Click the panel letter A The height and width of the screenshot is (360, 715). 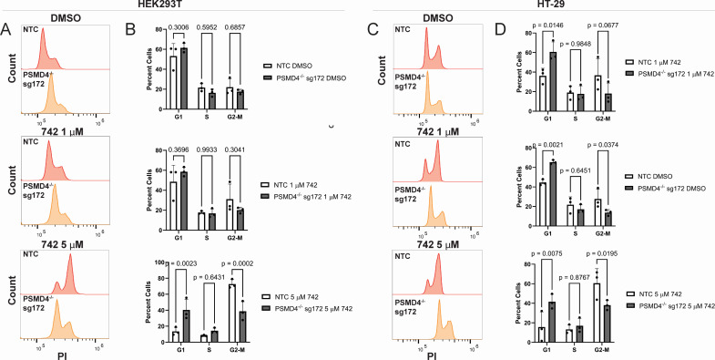[6, 30]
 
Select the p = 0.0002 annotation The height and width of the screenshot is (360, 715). [236, 262]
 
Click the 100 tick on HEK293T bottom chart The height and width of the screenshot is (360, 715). [160, 262]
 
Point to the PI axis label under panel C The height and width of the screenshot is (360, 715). [433, 355]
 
